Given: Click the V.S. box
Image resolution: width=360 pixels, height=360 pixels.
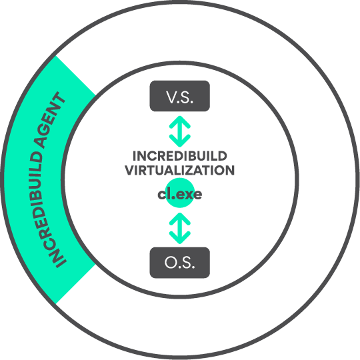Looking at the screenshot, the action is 180,96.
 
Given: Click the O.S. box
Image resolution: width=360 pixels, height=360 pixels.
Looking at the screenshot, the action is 180,263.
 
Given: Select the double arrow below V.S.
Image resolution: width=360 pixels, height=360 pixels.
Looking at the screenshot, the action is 180,131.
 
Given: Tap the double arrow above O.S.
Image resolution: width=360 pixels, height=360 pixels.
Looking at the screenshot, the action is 180,228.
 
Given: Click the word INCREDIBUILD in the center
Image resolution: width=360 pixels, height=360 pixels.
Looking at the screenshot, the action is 180,156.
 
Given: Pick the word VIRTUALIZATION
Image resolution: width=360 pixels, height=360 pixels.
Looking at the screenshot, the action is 180,171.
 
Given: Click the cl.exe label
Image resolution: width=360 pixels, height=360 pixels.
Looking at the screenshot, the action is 180,195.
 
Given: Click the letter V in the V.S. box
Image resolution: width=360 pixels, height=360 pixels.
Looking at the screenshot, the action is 171,97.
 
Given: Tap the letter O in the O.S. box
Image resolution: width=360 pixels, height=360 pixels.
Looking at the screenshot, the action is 171,263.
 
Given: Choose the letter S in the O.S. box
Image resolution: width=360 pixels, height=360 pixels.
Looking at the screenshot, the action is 187,263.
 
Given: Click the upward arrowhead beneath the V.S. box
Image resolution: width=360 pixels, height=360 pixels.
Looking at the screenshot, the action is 180,122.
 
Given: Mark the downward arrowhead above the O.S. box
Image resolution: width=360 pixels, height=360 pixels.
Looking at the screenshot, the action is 180,238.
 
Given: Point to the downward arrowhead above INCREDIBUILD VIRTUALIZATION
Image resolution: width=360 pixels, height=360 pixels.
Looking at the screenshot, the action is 180,141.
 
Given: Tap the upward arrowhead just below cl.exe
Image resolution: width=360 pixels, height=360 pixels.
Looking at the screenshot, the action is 180,219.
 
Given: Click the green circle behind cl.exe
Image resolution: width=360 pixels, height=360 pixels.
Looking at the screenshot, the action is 180,193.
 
